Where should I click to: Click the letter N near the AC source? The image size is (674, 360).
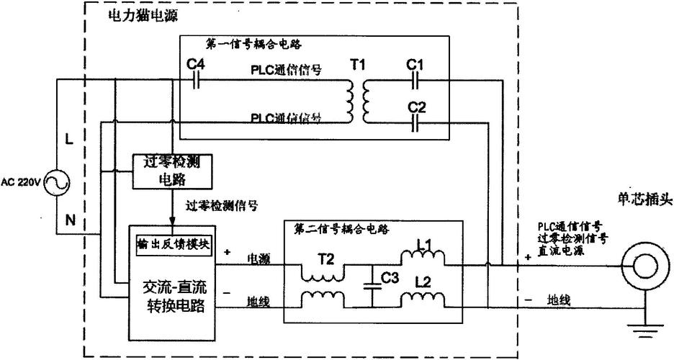pos(69,221)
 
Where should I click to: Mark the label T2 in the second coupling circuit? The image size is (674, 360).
pos(325,258)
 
